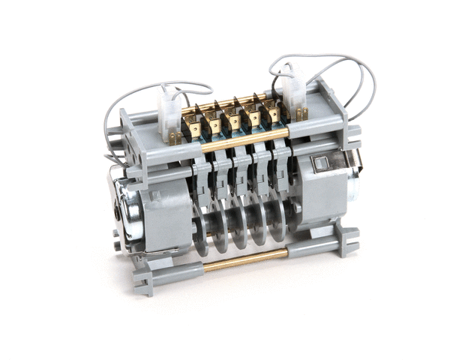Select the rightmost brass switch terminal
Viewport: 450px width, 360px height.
click(274, 112)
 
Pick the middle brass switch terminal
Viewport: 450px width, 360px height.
click(234, 120)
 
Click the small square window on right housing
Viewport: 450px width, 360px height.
click(321, 163)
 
